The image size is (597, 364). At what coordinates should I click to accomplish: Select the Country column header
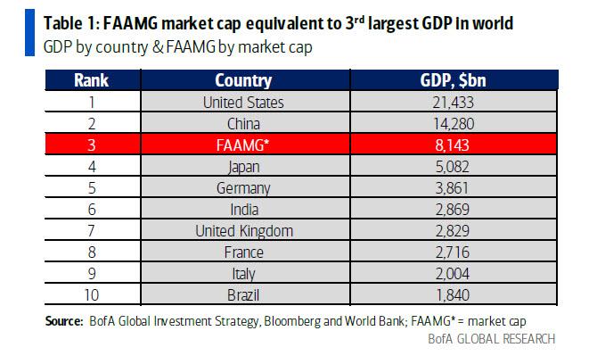pyautogui.click(x=243, y=81)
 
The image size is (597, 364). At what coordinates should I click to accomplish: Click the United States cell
pyautogui.click(x=243, y=103)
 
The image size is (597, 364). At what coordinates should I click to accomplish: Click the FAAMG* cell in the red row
pyautogui.click(x=243, y=145)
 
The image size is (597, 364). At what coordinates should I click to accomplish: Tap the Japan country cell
pyautogui.click(x=243, y=167)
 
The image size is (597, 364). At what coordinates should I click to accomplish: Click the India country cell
pyautogui.click(x=243, y=210)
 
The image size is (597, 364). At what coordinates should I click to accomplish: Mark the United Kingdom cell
pyautogui.click(x=243, y=231)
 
